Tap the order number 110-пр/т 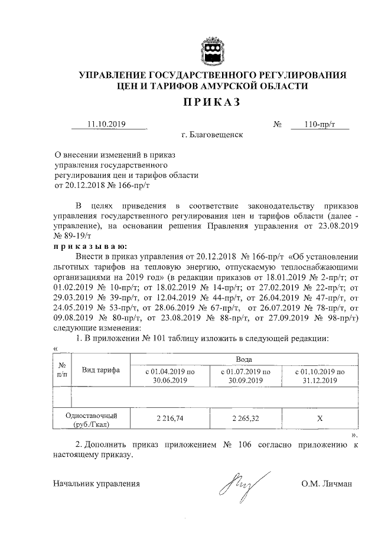coord(320,124)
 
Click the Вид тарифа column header coord(101,370)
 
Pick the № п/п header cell coord(61,370)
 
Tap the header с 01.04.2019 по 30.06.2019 coord(170,376)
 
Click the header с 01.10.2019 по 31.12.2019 coord(320,376)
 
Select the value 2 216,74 coord(170,417)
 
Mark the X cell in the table coord(320,417)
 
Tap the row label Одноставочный coord(92,414)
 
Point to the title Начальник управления coord(96,484)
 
